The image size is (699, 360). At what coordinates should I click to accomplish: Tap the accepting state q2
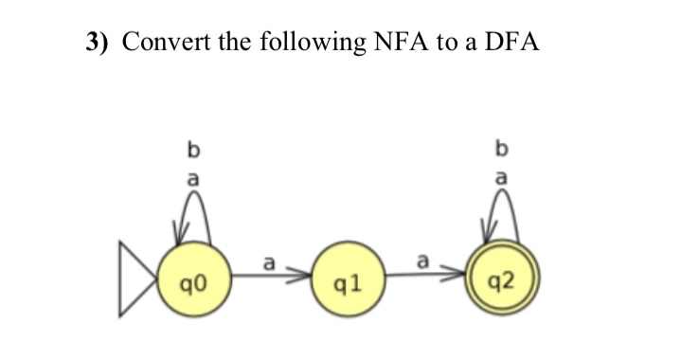pyautogui.click(x=501, y=279)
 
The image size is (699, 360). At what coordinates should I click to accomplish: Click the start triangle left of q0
pyautogui.click(x=137, y=280)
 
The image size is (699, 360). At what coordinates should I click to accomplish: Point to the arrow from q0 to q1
pyautogui.click(x=270, y=276)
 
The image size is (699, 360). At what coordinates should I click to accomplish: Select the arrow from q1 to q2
pyautogui.click(x=426, y=276)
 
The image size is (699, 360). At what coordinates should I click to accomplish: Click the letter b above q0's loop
pyautogui.click(x=193, y=150)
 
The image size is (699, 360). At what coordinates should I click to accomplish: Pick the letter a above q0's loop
pyautogui.click(x=193, y=176)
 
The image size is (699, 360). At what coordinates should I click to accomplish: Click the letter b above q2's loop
pyautogui.click(x=501, y=149)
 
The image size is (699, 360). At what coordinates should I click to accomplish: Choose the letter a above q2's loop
pyautogui.click(x=501, y=176)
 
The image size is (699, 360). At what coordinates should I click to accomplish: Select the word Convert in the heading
pyautogui.click(x=166, y=43)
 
